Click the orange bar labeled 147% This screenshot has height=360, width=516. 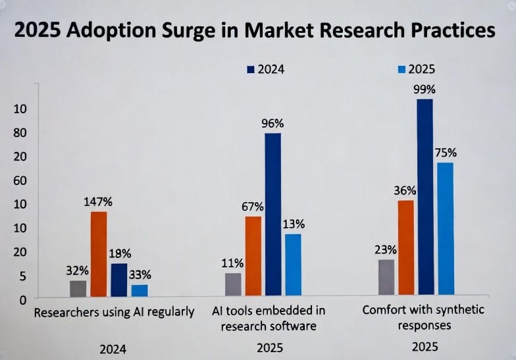[x=99, y=254]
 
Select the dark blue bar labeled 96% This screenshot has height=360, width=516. [x=272, y=214]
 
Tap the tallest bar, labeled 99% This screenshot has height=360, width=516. [x=425, y=197]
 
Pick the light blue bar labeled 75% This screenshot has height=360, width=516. [x=446, y=228]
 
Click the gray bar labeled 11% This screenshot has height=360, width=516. [x=234, y=284]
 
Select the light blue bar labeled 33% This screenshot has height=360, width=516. [x=140, y=290]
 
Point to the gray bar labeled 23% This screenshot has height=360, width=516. [x=386, y=277]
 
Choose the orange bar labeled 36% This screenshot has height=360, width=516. [x=406, y=247]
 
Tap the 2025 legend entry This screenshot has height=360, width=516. [x=417, y=68]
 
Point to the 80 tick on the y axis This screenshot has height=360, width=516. [x=20, y=133]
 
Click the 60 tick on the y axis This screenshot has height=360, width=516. [x=20, y=180]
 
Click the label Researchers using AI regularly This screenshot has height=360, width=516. [x=114, y=312]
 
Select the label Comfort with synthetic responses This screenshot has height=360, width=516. [x=423, y=317]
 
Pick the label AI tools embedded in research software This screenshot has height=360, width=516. [x=269, y=317]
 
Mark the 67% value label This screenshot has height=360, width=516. [x=253, y=206]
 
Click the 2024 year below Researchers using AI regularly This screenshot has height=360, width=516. [x=113, y=349]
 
